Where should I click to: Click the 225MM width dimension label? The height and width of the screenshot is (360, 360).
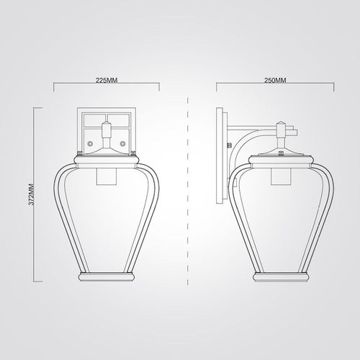(107, 80)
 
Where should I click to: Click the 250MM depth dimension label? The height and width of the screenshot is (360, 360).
(275, 80)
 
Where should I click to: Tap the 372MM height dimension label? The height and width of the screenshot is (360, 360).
(32, 194)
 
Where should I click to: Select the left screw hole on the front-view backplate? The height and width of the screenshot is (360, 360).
(90, 143)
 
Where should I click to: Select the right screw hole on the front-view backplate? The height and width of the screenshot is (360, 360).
(122, 143)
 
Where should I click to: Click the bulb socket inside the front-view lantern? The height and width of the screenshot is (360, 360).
(107, 176)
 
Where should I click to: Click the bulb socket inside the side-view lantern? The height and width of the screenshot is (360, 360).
(281, 176)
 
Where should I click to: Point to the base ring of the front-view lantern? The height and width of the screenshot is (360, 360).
(107, 276)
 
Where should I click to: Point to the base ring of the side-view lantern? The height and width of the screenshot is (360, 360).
(282, 276)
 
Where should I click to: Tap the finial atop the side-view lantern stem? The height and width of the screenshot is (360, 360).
(281, 125)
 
